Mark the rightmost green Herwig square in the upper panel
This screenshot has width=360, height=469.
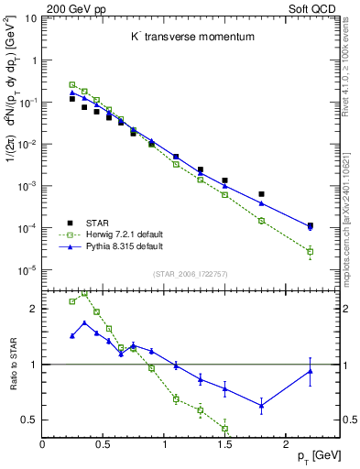[x=310, y=251]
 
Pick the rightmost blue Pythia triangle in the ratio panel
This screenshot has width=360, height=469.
[x=310, y=370]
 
